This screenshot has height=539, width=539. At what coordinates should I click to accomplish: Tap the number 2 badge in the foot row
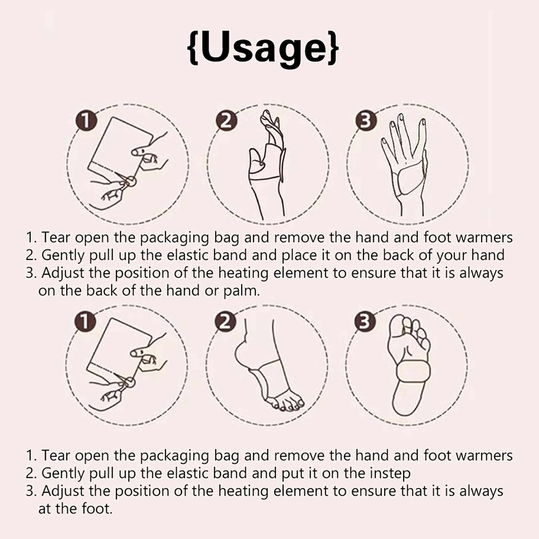(226, 322)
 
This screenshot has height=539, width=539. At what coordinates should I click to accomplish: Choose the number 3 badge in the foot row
(366, 322)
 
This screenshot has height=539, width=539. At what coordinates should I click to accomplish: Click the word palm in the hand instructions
(242, 291)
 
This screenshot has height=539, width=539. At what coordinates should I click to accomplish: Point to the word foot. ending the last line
(96, 508)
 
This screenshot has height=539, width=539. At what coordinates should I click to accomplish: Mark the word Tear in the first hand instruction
(56, 237)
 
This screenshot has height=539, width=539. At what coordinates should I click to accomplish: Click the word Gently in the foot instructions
(63, 474)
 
